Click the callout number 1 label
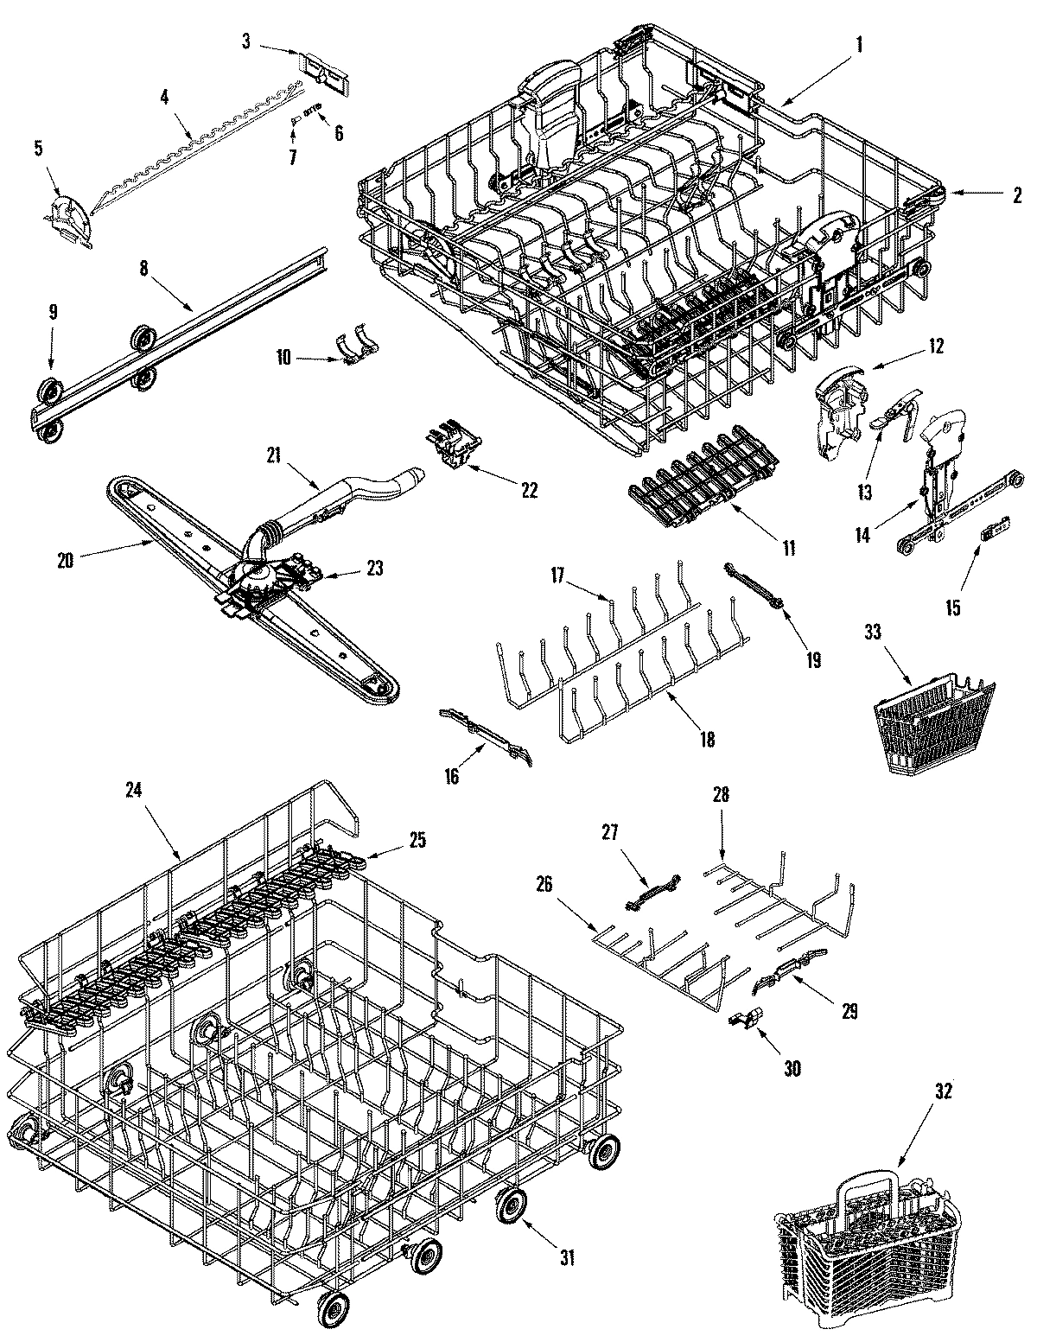tap(860, 43)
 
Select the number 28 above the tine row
tap(721, 794)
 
